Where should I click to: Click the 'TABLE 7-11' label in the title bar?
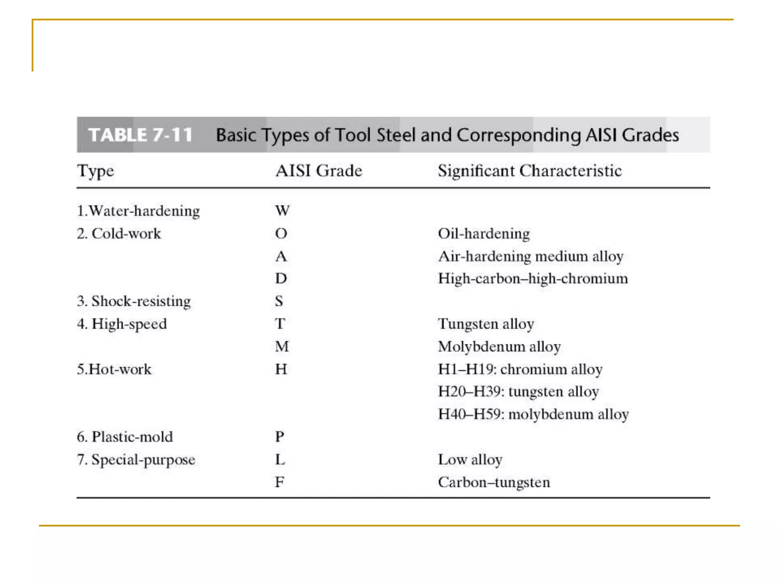click(140, 135)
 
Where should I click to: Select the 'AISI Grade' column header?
click(319, 171)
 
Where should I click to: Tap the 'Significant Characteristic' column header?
click(529, 171)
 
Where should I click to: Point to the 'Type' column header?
click(95, 171)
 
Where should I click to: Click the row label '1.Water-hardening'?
click(138, 211)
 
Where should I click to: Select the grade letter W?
click(282, 211)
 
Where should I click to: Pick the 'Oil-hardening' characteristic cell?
click(483, 233)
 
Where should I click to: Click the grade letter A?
click(281, 256)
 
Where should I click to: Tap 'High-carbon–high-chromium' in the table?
click(533, 279)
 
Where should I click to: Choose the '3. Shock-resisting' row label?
click(134, 301)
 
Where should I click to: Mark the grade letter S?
click(279, 301)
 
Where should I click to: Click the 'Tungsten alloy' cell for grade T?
click(486, 324)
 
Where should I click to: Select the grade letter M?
click(282, 346)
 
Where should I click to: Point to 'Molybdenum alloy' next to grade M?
click(499, 346)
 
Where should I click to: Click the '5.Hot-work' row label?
click(114, 369)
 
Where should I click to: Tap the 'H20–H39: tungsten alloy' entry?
click(518, 392)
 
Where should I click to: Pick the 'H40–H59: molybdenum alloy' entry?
click(533, 414)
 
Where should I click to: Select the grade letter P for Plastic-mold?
click(280, 436)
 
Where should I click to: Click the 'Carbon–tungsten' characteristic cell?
click(494, 482)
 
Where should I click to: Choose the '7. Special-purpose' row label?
click(136, 460)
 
